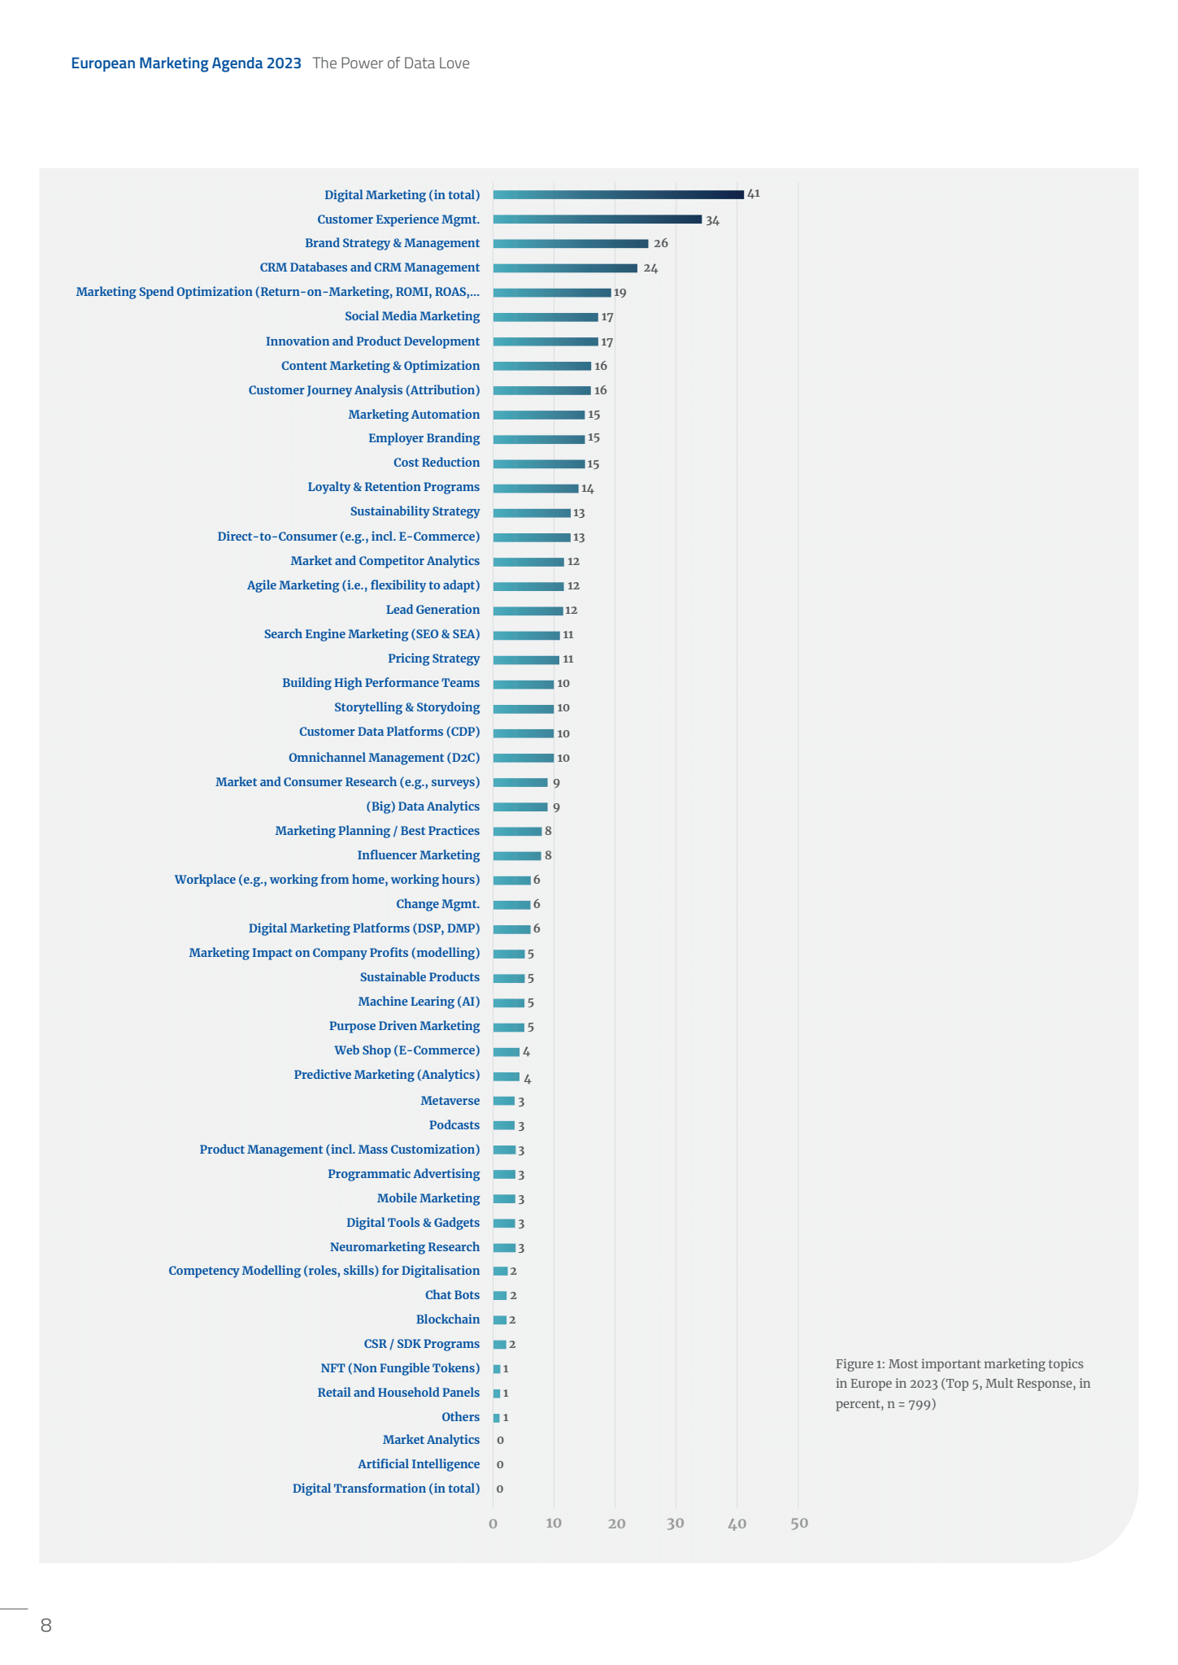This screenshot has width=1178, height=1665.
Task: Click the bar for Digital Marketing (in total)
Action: coord(618,195)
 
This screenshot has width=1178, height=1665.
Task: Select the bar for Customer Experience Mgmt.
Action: coord(597,220)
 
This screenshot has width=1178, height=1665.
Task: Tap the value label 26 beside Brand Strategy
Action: coord(661,243)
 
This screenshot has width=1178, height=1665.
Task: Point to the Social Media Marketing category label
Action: coord(411,316)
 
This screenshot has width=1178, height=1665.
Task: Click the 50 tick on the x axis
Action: coord(799,1523)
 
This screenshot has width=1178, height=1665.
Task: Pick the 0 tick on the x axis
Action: coord(493,1524)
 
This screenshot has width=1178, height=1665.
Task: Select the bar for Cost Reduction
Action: coord(538,464)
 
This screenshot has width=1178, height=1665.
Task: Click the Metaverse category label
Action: coord(450,1101)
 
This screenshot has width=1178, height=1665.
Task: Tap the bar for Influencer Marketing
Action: coord(516,856)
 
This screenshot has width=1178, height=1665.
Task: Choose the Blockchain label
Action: coord(447,1319)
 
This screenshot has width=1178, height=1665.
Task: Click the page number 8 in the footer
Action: coord(46,1625)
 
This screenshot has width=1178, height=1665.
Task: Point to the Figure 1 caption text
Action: coord(963,1384)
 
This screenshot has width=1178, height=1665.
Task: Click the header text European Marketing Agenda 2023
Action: coord(186,63)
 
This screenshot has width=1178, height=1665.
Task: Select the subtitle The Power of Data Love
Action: coord(391,63)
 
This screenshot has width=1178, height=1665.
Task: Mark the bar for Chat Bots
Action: coord(499,1296)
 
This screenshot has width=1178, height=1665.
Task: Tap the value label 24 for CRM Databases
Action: coord(650,268)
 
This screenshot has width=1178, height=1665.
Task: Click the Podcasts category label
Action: coord(454,1125)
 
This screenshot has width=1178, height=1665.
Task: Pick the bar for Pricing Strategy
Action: coord(526,660)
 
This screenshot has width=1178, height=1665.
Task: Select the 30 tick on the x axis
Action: coord(676,1523)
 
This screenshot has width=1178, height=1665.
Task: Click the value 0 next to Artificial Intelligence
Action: coord(500,1465)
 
